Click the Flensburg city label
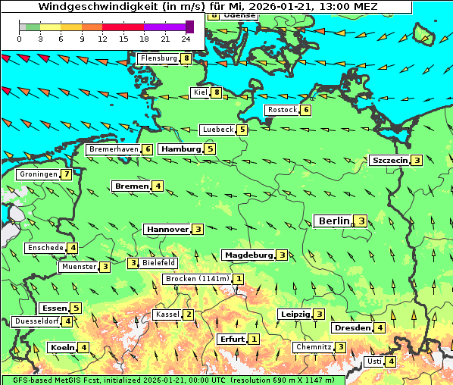158,58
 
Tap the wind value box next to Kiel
217,92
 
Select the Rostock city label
283,110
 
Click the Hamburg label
180,149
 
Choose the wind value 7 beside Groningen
67,174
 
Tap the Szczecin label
389,160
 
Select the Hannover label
167,229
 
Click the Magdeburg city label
248,255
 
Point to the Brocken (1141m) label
196,279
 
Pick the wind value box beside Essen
76,308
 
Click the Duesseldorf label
36,321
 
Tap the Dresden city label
352,327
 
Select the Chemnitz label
314,347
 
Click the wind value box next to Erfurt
254,339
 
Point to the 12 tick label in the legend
102,38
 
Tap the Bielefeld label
159,263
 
